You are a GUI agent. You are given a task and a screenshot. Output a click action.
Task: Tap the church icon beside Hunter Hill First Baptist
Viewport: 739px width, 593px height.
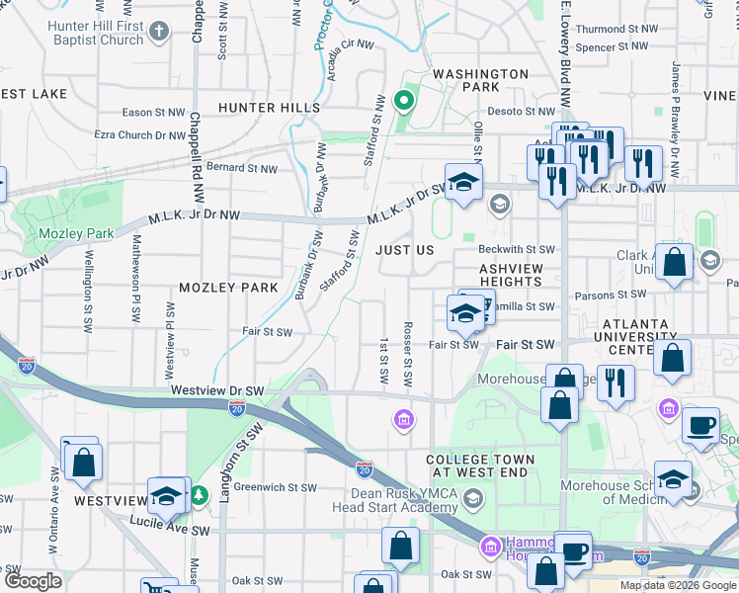coord(160,34)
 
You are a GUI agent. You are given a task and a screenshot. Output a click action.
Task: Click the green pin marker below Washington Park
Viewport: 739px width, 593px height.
coord(403,100)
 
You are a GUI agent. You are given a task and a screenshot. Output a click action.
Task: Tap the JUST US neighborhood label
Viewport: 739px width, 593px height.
coord(404,250)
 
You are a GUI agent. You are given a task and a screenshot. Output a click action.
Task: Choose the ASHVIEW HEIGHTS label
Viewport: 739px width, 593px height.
coord(511,275)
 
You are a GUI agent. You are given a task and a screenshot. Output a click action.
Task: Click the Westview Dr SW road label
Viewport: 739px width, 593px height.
coord(216,390)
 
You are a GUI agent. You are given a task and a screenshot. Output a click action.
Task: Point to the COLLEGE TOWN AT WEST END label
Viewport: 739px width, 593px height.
coord(480,466)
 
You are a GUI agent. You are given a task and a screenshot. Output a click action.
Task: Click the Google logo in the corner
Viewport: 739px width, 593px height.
coord(32,581)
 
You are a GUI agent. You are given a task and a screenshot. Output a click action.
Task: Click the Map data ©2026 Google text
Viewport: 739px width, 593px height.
coord(677,585)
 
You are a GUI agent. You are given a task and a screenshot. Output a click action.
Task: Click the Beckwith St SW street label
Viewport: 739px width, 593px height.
coord(518,250)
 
